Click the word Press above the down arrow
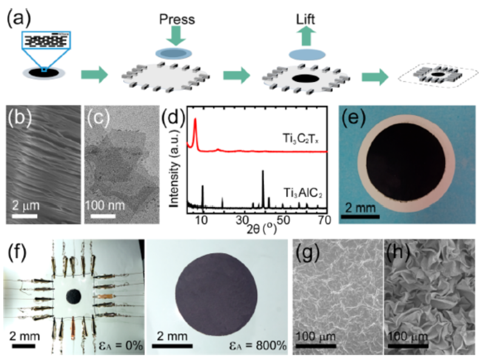coord(177,19)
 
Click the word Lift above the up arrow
coord(306,19)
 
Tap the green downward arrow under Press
coord(176,36)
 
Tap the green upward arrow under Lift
coord(306,36)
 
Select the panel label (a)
coord(19,18)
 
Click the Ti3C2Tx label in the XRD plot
coord(301,139)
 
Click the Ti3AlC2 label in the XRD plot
coord(303,193)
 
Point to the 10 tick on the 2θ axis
coord(201,219)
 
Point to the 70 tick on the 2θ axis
coord(324,219)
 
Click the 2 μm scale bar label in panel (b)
coord(26,205)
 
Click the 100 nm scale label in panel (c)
coord(105,205)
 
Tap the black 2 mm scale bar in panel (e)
coord(360,216)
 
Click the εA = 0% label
coord(121,345)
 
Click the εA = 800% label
coord(258,345)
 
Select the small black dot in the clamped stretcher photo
coord(73,296)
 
